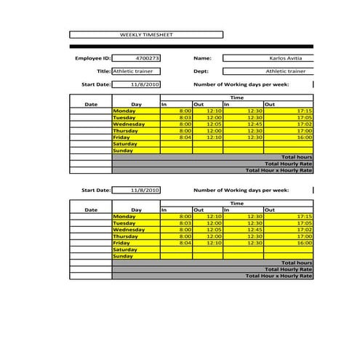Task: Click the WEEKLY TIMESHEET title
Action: pos(146,35)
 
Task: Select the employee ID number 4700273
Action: pos(148,57)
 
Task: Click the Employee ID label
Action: pos(92,57)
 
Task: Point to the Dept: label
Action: pos(201,71)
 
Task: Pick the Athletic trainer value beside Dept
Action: pos(285,71)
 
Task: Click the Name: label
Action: pos(201,57)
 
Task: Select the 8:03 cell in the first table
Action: pos(185,117)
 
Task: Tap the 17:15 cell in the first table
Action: pos(304,111)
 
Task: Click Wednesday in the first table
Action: pos(129,124)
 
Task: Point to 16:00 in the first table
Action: pos(304,137)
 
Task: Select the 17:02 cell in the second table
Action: pos(304,230)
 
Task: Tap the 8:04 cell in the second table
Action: pos(185,243)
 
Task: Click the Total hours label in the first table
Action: pos(296,157)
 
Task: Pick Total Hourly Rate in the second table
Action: pos(292,269)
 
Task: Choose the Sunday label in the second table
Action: pos(124,256)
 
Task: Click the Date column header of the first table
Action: pos(91,104)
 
